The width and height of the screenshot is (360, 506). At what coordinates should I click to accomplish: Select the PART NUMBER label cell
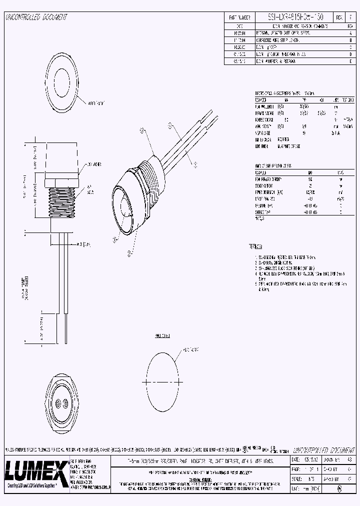click(238, 17)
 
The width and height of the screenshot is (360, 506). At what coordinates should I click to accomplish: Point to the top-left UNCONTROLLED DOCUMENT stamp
click(36, 17)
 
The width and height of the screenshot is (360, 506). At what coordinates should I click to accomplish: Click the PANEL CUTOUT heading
click(163, 336)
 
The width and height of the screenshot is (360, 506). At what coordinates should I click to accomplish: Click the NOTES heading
click(255, 246)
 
